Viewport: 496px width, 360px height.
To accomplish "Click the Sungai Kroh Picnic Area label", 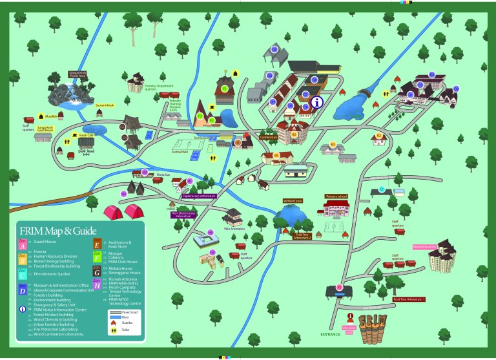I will click(x=78, y=74).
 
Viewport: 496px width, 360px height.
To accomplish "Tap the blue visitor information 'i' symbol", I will click(x=316, y=102).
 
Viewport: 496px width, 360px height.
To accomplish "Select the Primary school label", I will click(x=336, y=196).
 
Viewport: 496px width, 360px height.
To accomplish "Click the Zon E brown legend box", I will click(x=97, y=244).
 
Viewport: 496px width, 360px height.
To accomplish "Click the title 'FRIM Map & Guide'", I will click(x=58, y=231).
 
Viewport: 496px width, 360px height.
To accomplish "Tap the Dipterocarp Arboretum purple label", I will click(x=198, y=195).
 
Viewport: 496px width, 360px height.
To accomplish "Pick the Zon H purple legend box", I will click(x=97, y=285).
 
